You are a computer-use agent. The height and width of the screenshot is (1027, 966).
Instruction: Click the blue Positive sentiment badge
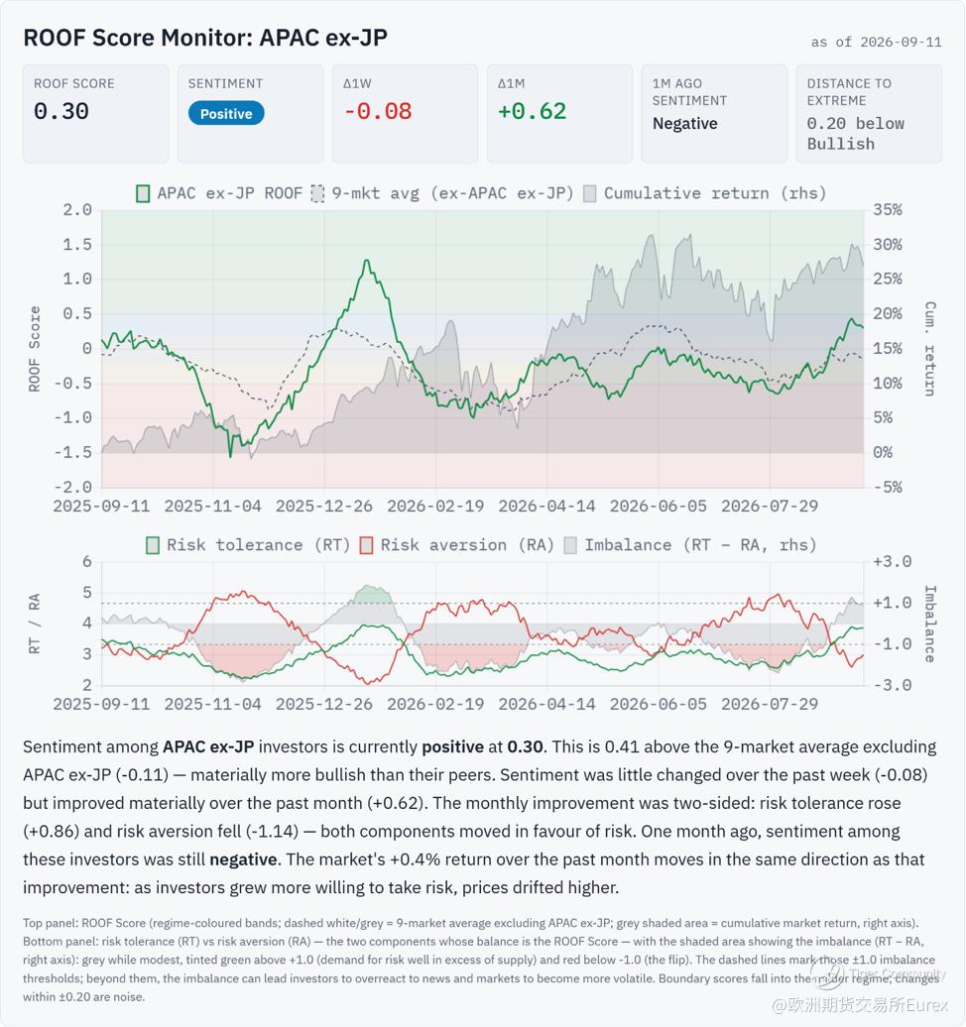pyautogui.click(x=226, y=113)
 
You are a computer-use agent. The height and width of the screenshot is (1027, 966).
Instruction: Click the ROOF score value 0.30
pyautogui.click(x=60, y=111)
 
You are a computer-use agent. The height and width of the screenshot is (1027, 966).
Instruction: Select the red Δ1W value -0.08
pyautogui.click(x=378, y=111)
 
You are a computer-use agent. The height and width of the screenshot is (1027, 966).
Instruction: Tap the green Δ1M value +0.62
pyautogui.click(x=532, y=111)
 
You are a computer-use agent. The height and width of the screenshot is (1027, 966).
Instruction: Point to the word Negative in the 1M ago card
pyautogui.click(x=685, y=124)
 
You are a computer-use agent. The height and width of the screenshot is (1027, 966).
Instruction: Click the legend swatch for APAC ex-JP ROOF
pyautogui.click(x=142, y=194)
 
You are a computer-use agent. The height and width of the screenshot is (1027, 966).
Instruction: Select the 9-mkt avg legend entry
pyautogui.click(x=442, y=194)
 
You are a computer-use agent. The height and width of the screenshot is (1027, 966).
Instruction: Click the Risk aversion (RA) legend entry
pyautogui.click(x=457, y=545)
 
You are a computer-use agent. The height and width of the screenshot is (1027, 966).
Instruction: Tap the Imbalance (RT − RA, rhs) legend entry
pyautogui.click(x=690, y=545)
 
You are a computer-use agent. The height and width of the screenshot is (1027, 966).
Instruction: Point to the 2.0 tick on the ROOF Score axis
pyautogui.click(x=77, y=210)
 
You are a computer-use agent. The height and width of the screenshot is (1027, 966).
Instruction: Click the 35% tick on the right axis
pyautogui.click(x=888, y=210)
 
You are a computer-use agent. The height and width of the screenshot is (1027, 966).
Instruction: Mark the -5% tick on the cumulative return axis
pyautogui.click(x=888, y=488)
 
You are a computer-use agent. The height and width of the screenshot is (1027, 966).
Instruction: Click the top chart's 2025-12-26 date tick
pyautogui.click(x=323, y=507)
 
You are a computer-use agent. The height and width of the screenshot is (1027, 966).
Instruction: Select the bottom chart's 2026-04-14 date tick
pyautogui.click(x=546, y=704)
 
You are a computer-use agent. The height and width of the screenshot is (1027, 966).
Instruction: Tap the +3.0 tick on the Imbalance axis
pyautogui.click(x=892, y=562)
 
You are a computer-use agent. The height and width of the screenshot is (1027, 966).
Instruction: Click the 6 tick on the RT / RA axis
pyautogui.click(x=87, y=562)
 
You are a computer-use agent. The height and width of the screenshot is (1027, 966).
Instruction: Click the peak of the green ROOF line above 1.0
pyautogui.click(x=367, y=261)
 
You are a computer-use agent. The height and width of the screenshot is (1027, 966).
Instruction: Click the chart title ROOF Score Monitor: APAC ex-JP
pyautogui.click(x=205, y=38)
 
